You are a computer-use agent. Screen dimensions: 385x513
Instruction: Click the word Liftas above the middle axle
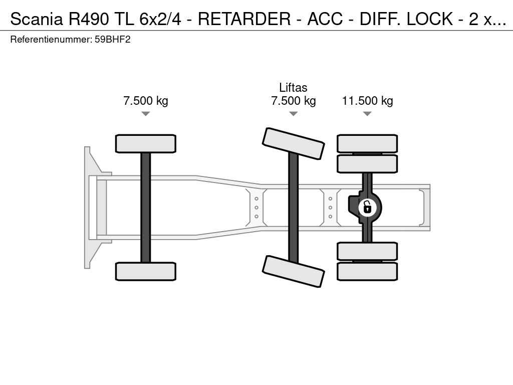tap(293, 88)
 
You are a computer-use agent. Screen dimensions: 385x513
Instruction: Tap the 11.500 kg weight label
tap(367, 101)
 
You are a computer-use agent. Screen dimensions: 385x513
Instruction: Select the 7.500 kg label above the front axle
tap(146, 101)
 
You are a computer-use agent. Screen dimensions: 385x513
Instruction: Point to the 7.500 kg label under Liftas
tap(293, 101)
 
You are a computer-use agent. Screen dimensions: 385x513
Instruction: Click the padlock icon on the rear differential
tap(367, 207)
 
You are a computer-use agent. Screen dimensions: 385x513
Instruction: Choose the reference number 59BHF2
tap(112, 39)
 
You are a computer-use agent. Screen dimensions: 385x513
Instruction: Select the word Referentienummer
tap(51, 39)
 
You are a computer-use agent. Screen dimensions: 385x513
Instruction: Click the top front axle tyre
tap(146, 143)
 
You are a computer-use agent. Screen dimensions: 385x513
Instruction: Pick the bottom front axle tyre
tap(146, 271)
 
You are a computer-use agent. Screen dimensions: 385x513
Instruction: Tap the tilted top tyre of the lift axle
tap(293, 143)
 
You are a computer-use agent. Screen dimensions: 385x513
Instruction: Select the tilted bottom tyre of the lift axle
tap(293, 271)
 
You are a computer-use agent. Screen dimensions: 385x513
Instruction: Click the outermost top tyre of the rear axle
tap(367, 143)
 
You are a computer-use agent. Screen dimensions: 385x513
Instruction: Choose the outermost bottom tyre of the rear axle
tap(367, 272)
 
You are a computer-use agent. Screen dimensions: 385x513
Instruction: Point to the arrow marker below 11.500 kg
tap(367, 114)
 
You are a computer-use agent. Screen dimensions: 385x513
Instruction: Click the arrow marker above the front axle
tap(146, 114)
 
